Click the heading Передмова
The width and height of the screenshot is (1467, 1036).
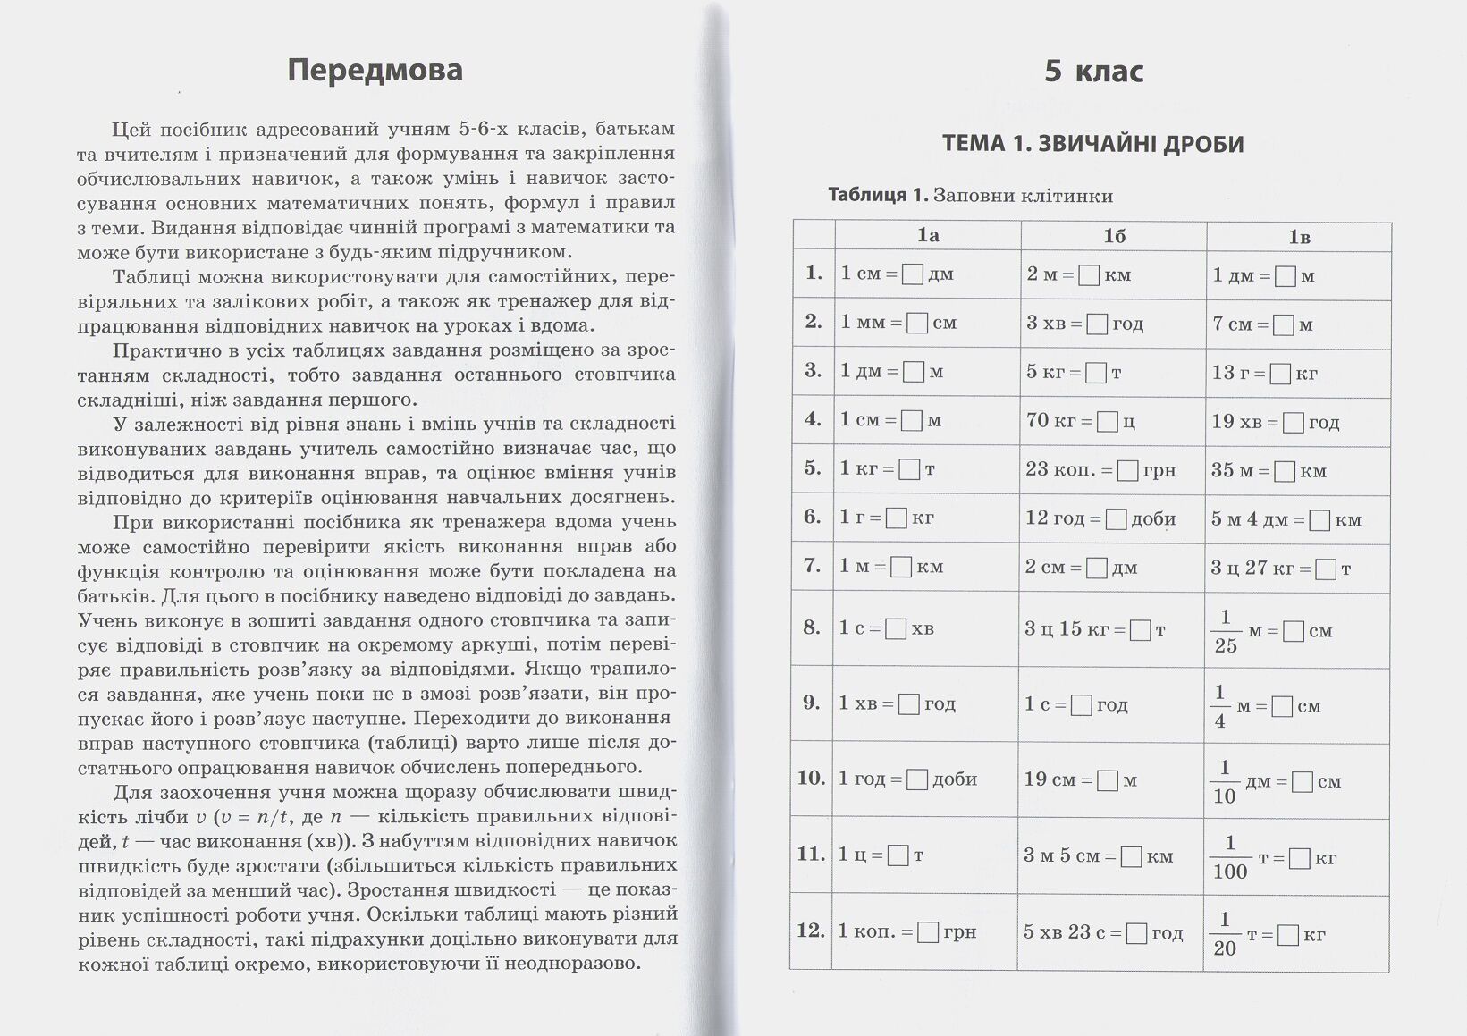tap(375, 71)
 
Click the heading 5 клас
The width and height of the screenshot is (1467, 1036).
tap(1093, 71)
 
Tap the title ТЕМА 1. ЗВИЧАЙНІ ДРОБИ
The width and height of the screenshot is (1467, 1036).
tap(1092, 144)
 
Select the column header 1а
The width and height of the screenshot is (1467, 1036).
tap(928, 236)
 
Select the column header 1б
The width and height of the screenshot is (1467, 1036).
tap(1113, 236)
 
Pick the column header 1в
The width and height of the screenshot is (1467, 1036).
tap(1299, 237)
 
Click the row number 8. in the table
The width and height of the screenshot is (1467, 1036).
tap(812, 627)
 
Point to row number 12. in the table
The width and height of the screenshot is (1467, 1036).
tap(811, 931)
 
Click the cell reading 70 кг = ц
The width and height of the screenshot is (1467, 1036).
tap(1080, 420)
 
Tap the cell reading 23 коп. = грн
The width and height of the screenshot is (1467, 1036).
tap(1100, 469)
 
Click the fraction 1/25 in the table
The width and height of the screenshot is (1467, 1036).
tap(1226, 631)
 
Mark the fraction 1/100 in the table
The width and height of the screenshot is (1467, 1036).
tap(1230, 857)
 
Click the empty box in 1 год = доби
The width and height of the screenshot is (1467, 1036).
tap(917, 779)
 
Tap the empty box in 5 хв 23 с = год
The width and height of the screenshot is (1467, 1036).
tap(1136, 933)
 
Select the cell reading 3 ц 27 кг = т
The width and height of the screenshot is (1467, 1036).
tap(1280, 568)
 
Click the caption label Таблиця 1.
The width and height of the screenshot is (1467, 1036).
tap(879, 195)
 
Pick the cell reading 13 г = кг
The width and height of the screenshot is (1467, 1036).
tap(1264, 373)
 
